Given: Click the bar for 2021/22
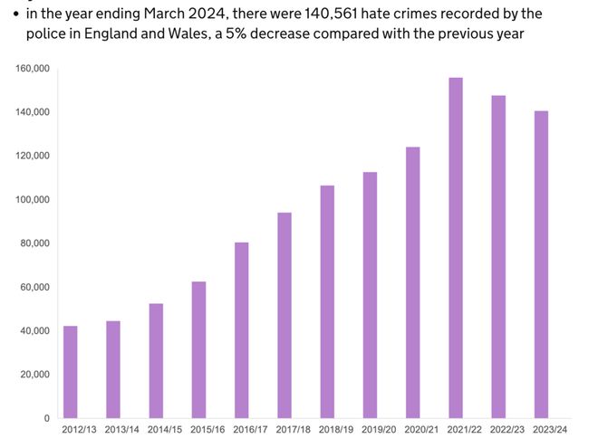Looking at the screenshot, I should pyautogui.click(x=456, y=248).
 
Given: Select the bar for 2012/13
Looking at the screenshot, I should pyautogui.click(x=70, y=372).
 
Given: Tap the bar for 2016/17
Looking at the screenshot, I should pyautogui.click(x=241, y=330).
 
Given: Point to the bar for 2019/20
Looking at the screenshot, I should pyautogui.click(x=370, y=295).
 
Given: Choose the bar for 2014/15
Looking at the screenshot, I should pyautogui.click(x=156, y=360).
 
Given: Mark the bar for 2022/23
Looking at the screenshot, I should pyautogui.click(x=498, y=257).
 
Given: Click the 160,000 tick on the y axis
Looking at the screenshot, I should pyautogui.click(x=34, y=69).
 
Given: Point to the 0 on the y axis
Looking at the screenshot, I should pyautogui.click(x=46, y=418).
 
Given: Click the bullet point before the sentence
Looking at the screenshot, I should pyautogui.click(x=14, y=14).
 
